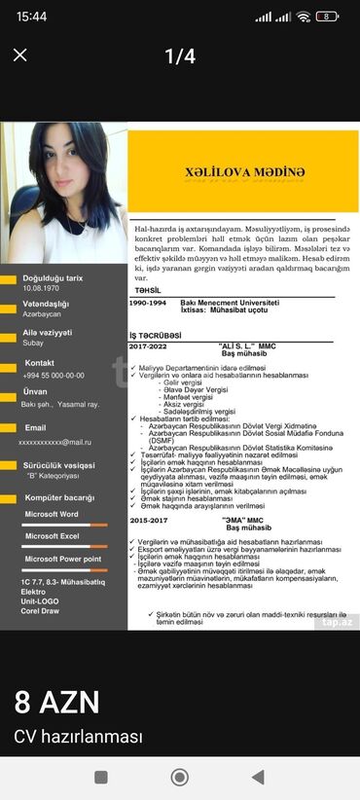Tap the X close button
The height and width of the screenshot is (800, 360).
point(19,55)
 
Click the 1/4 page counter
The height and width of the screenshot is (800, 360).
point(180,56)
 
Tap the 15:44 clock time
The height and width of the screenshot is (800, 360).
point(31,17)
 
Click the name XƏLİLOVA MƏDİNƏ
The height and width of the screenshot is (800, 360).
point(244,172)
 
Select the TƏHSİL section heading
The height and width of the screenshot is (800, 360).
point(149,290)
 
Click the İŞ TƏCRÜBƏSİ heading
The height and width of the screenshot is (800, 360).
point(155,335)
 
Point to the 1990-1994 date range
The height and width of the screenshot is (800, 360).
point(148,304)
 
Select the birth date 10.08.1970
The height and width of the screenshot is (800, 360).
point(42,289)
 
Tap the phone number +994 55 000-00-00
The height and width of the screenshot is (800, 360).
point(54,375)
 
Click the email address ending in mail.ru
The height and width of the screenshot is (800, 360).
point(54,441)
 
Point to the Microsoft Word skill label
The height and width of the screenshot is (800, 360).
point(52,513)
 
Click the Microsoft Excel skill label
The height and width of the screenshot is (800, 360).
point(52,535)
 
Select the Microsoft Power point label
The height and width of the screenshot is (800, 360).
point(61,559)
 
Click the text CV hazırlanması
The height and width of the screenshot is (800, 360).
point(78,737)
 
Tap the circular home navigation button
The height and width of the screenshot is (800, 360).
point(179,777)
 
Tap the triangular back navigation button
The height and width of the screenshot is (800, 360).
point(258,777)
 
